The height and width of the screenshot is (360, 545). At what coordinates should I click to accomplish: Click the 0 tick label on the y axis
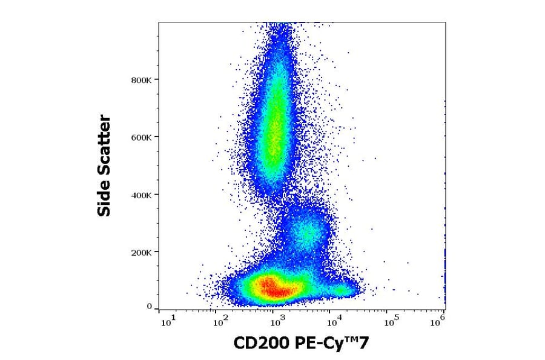tap(149, 307)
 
